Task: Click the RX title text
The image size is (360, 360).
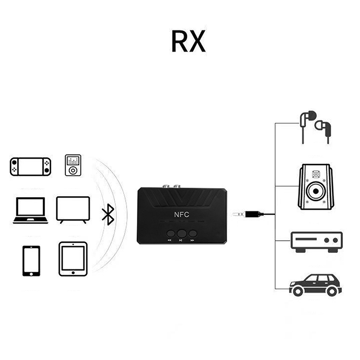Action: [189, 42]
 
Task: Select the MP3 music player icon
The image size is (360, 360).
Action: [72, 166]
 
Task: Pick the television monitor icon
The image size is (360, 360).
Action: [73, 209]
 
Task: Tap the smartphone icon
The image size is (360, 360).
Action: [31, 261]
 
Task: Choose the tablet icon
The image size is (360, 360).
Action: [72, 259]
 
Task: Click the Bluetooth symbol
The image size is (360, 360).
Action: [107, 214]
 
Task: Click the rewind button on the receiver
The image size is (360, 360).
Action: [171, 234]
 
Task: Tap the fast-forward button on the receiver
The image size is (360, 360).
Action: [193, 234]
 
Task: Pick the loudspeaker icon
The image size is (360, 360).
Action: [316, 188]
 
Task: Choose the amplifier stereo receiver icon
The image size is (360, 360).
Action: [317, 241]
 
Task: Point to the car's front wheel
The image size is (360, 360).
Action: [297, 291]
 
